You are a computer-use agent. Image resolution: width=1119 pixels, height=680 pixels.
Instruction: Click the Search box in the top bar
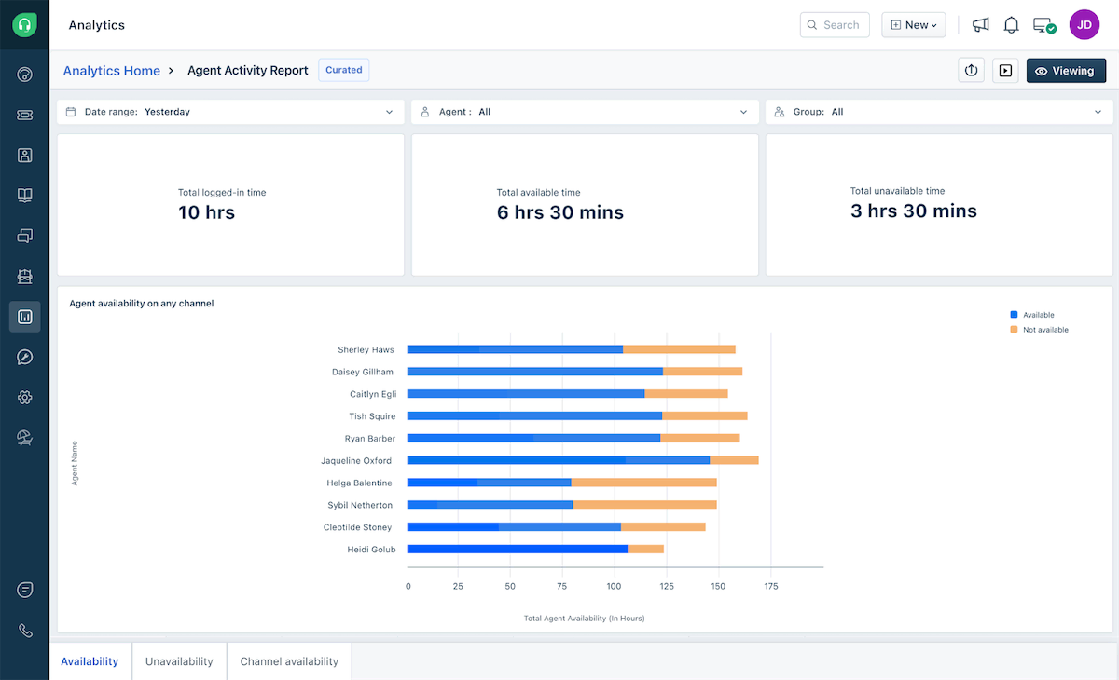tap(835, 25)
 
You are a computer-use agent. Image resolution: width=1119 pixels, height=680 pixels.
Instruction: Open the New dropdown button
tap(913, 25)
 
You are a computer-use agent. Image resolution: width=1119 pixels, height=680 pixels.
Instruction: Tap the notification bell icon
tap(1011, 25)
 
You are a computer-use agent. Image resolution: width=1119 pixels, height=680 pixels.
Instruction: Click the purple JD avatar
tap(1084, 25)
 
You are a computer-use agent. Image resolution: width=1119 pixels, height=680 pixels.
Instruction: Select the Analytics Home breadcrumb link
tap(111, 71)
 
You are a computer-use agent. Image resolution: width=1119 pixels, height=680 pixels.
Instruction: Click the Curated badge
tap(343, 70)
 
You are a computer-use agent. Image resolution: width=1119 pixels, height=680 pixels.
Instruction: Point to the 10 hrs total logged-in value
tap(206, 212)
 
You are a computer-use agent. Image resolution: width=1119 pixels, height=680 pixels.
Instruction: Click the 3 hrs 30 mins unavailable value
tap(913, 211)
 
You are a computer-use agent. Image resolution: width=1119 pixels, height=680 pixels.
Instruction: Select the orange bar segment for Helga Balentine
tap(643, 483)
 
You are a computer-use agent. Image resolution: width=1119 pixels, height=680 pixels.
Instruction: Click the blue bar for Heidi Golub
tap(518, 550)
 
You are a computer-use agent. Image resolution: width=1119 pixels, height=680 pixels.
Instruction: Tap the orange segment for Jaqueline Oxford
tap(734, 460)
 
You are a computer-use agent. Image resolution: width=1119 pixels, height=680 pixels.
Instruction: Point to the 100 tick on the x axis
tap(614, 587)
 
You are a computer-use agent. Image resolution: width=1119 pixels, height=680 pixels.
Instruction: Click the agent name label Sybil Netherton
tap(360, 505)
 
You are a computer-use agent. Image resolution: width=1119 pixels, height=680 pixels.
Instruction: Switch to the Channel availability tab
tap(288, 661)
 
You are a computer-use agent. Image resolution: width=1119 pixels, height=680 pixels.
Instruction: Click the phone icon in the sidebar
tap(25, 631)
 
